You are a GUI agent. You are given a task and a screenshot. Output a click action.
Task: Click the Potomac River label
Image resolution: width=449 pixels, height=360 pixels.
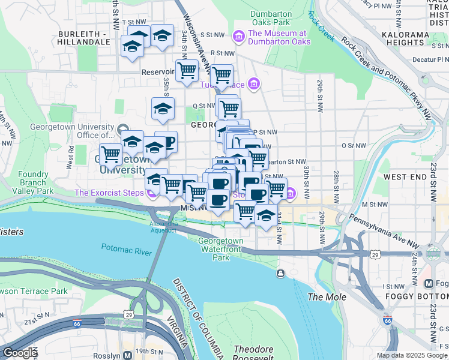click(126, 250)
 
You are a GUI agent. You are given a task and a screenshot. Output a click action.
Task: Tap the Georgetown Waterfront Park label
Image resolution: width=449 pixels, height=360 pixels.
click(221, 249)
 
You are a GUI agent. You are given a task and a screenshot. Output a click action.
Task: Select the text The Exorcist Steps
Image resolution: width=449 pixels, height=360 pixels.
click(109, 193)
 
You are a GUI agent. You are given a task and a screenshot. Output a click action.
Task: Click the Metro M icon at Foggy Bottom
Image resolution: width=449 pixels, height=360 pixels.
click(429, 283)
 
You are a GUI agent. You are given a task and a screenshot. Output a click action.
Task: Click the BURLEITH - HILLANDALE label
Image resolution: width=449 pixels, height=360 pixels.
click(82, 39)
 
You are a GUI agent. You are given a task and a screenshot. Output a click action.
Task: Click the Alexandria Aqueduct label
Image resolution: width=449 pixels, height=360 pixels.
click(163, 227)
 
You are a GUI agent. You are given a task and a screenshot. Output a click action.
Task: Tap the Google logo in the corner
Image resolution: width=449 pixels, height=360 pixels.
click(20, 353)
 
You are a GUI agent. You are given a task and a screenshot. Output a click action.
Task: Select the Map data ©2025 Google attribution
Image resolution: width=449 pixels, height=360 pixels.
click(411, 355)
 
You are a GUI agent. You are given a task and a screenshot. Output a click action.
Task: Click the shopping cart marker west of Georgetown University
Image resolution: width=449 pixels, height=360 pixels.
click(110, 154)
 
